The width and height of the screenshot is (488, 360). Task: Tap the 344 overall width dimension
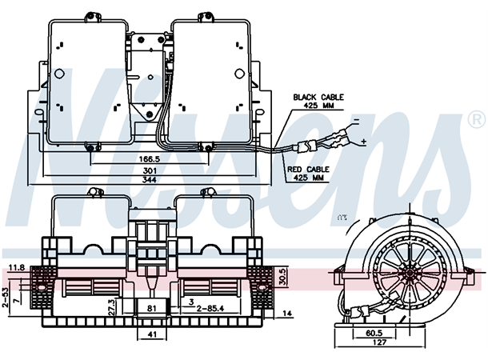pyautogui.click(x=148, y=180)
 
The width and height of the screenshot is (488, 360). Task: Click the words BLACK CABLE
pyautogui.click(x=318, y=97)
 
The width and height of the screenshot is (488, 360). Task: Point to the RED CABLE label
pyautogui.click(x=309, y=170)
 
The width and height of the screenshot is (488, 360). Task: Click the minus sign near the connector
pyautogui.click(x=355, y=121)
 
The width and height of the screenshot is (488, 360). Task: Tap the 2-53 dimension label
pyautogui.click(x=5, y=298)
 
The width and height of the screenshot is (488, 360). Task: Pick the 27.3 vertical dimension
pyautogui.click(x=111, y=307)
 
